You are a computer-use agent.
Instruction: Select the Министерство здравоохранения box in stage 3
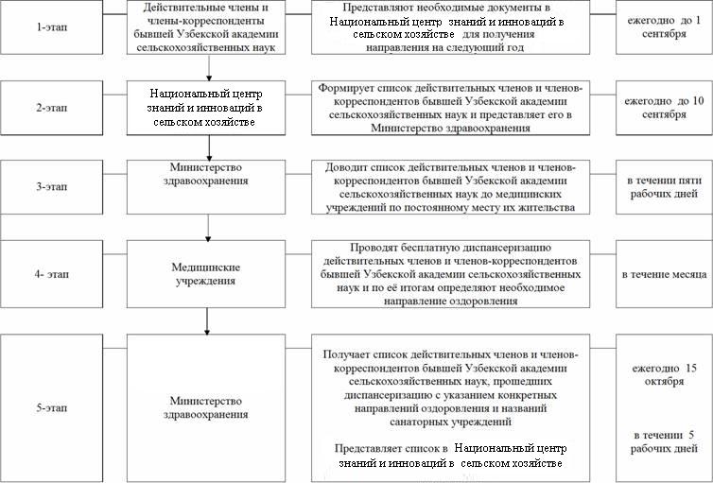206,173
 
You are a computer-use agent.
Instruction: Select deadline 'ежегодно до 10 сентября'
663,108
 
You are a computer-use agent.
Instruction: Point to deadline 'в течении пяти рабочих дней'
663,186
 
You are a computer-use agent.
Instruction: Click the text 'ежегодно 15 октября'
663,374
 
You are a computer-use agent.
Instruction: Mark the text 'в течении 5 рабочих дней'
663,440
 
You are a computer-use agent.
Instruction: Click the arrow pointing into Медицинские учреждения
206,233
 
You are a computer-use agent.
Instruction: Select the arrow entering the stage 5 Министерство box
206,324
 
